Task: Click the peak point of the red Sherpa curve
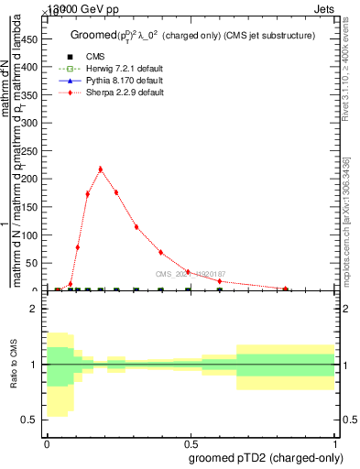point(100,169)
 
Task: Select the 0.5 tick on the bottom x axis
point(191,443)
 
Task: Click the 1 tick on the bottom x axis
point(335,443)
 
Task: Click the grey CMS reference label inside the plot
point(190,274)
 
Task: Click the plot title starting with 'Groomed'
point(192,35)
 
